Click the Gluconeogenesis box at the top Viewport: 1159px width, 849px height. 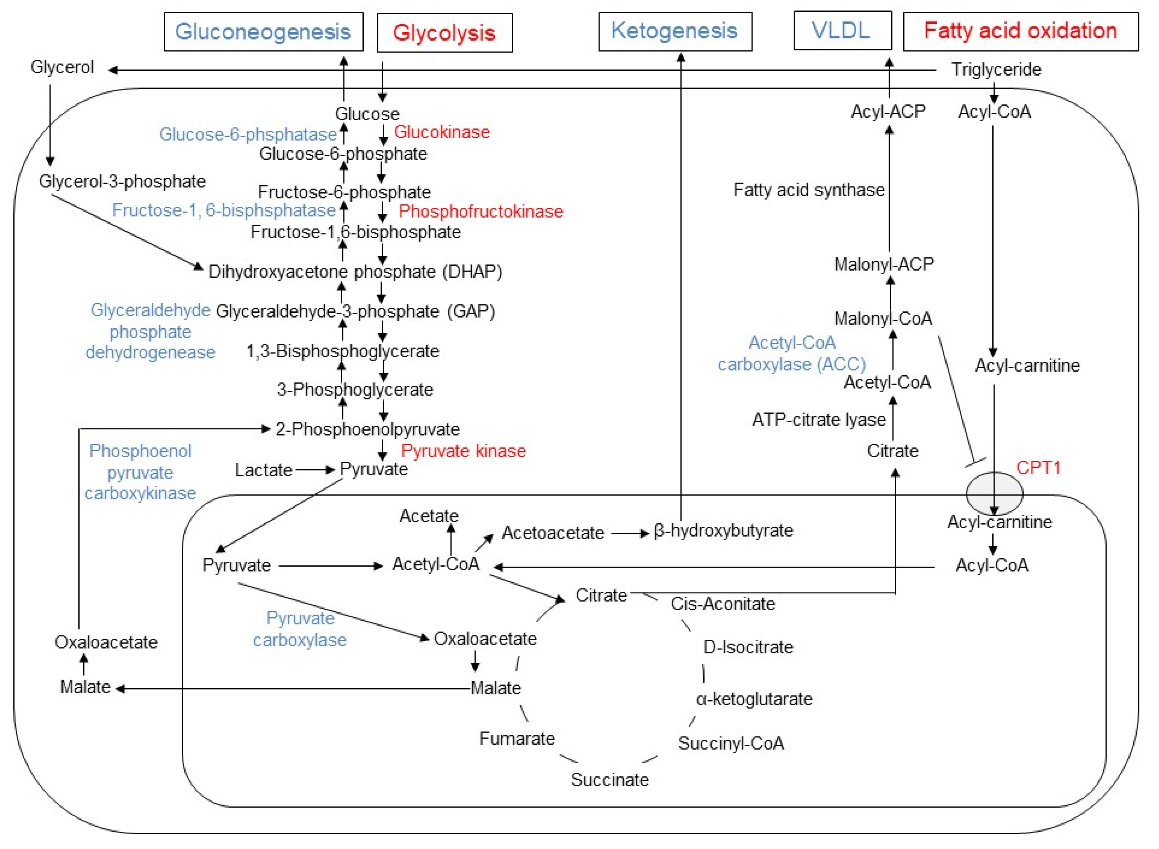click(x=263, y=32)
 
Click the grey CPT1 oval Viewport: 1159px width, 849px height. click(x=994, y=493)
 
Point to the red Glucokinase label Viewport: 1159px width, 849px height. click(x=442, y=132)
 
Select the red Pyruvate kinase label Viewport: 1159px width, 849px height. click(x=463, y=451)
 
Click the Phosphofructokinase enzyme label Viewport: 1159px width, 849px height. click(x=481, y=211)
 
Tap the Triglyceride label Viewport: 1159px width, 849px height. click(x=996, y=69)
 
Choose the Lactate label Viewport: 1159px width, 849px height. click(x=263, y=470)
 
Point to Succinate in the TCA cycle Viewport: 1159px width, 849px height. click(x=610, y=780)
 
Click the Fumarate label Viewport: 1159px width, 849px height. click(x=517, y=738)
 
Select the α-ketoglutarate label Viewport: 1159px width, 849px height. click(x=754, y=699)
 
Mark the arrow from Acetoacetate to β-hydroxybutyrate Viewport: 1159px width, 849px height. click(x=630, y=533)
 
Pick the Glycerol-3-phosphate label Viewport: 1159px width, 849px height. click(x=122, y=181)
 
